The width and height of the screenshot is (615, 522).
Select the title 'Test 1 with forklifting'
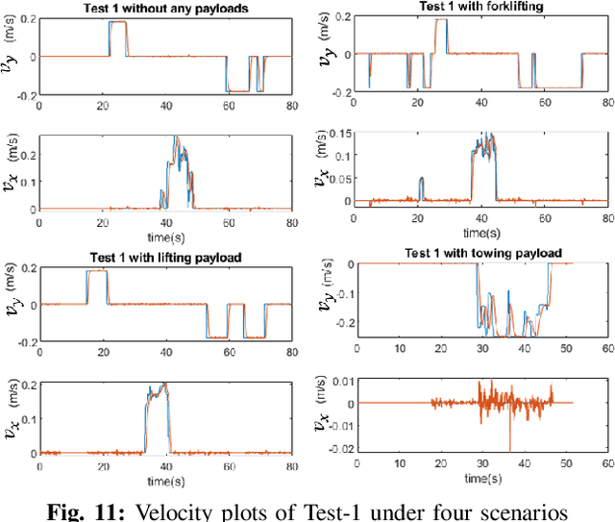pyautogui.click(x=454, y=7)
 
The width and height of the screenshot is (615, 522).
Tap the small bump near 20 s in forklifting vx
pyautogui.click(x=421, y=180)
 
